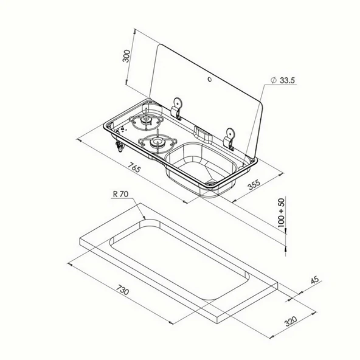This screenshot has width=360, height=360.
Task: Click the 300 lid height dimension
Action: click(x=126, y=56)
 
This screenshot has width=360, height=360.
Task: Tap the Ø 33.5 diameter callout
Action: click(x=283, y=80)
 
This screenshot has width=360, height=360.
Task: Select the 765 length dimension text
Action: click(x=134, y=167)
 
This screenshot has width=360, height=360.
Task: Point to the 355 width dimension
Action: click(x=254, y=185)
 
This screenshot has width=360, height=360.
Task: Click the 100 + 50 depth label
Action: click(x=281, y=213)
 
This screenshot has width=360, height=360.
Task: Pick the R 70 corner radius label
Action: click(x=120, y=194)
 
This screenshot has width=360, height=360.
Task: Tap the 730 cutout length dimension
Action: click(x=122, y=289)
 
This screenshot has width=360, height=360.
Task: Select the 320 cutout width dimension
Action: click(x=291, y=321)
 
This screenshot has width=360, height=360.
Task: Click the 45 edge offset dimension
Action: click(x=315, y=280)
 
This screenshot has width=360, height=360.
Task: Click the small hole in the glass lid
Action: click(x=210, y=79)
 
